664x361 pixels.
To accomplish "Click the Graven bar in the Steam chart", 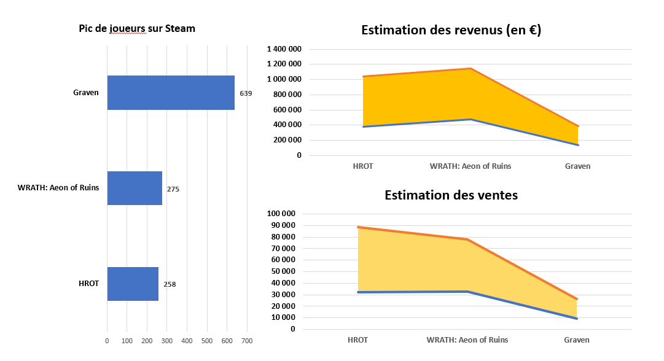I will pos(171,93).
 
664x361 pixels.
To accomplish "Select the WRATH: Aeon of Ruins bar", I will pos(135,188).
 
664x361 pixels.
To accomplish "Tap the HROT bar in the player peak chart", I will pos(133,284).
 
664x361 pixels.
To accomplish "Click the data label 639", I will pos(246,93).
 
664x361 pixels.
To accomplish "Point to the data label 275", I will pos(173,189).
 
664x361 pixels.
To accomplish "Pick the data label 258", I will pos(170,284).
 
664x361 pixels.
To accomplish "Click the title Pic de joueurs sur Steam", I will pos(137,28).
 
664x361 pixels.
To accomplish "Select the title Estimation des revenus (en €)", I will pos(451,30).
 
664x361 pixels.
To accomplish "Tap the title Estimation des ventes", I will pos(451,195).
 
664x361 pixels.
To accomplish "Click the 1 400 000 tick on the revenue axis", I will pos(284,49).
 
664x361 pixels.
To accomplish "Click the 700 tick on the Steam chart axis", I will pos(247,341).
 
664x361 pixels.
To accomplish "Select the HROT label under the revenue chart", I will pos(363,166).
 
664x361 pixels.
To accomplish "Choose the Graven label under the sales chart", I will pos(577,340).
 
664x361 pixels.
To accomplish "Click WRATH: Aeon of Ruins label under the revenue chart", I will pos(471,166).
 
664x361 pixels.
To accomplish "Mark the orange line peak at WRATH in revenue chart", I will pos(471,69).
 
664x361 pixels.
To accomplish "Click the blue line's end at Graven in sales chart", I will pos(577,319).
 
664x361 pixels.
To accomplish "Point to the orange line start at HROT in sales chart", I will pos(358,227).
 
